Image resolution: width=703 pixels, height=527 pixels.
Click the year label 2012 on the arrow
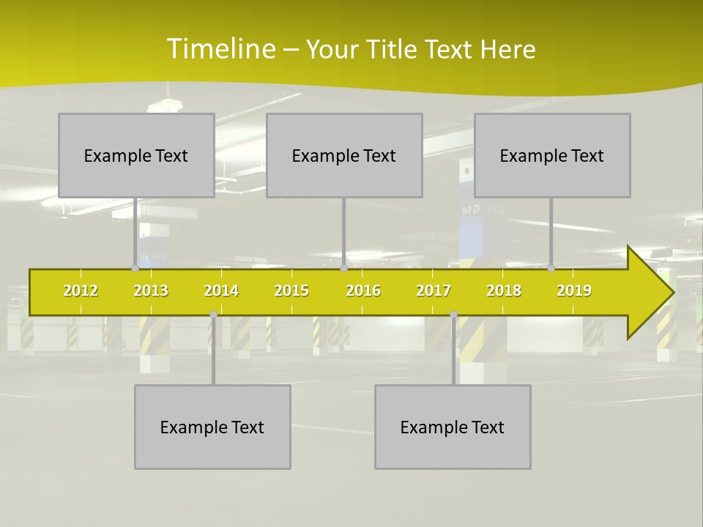point(81,291)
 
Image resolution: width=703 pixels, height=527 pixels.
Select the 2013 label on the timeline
point(151,291)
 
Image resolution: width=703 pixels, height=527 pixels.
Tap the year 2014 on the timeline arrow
point(221,291)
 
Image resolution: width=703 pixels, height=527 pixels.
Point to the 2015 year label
point(291,291)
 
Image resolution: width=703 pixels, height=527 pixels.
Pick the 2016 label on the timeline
point(363,291)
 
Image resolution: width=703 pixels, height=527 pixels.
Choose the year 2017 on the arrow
point(434,291)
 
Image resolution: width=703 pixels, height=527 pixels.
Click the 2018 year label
point(504,291)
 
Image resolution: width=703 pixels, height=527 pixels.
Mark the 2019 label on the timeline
point(574,291)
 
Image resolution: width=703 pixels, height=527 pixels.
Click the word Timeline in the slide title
point(220,49)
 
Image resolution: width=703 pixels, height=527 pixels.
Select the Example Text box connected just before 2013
point(136,155)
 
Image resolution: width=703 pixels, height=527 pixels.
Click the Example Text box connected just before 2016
point(344,155)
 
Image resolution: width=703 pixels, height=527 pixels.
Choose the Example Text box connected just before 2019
point(552,155)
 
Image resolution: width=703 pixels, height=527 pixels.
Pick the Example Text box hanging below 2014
point(212,427)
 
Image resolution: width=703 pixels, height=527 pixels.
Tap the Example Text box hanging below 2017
point(453,427)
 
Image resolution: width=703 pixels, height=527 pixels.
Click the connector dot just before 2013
point(135,269)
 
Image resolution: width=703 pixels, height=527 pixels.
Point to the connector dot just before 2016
point(343,269)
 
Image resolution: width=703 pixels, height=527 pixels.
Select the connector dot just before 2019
point(551,269)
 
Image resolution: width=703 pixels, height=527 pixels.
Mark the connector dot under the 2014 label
point(213,314)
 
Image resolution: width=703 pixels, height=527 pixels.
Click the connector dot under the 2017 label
point(453,314)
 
